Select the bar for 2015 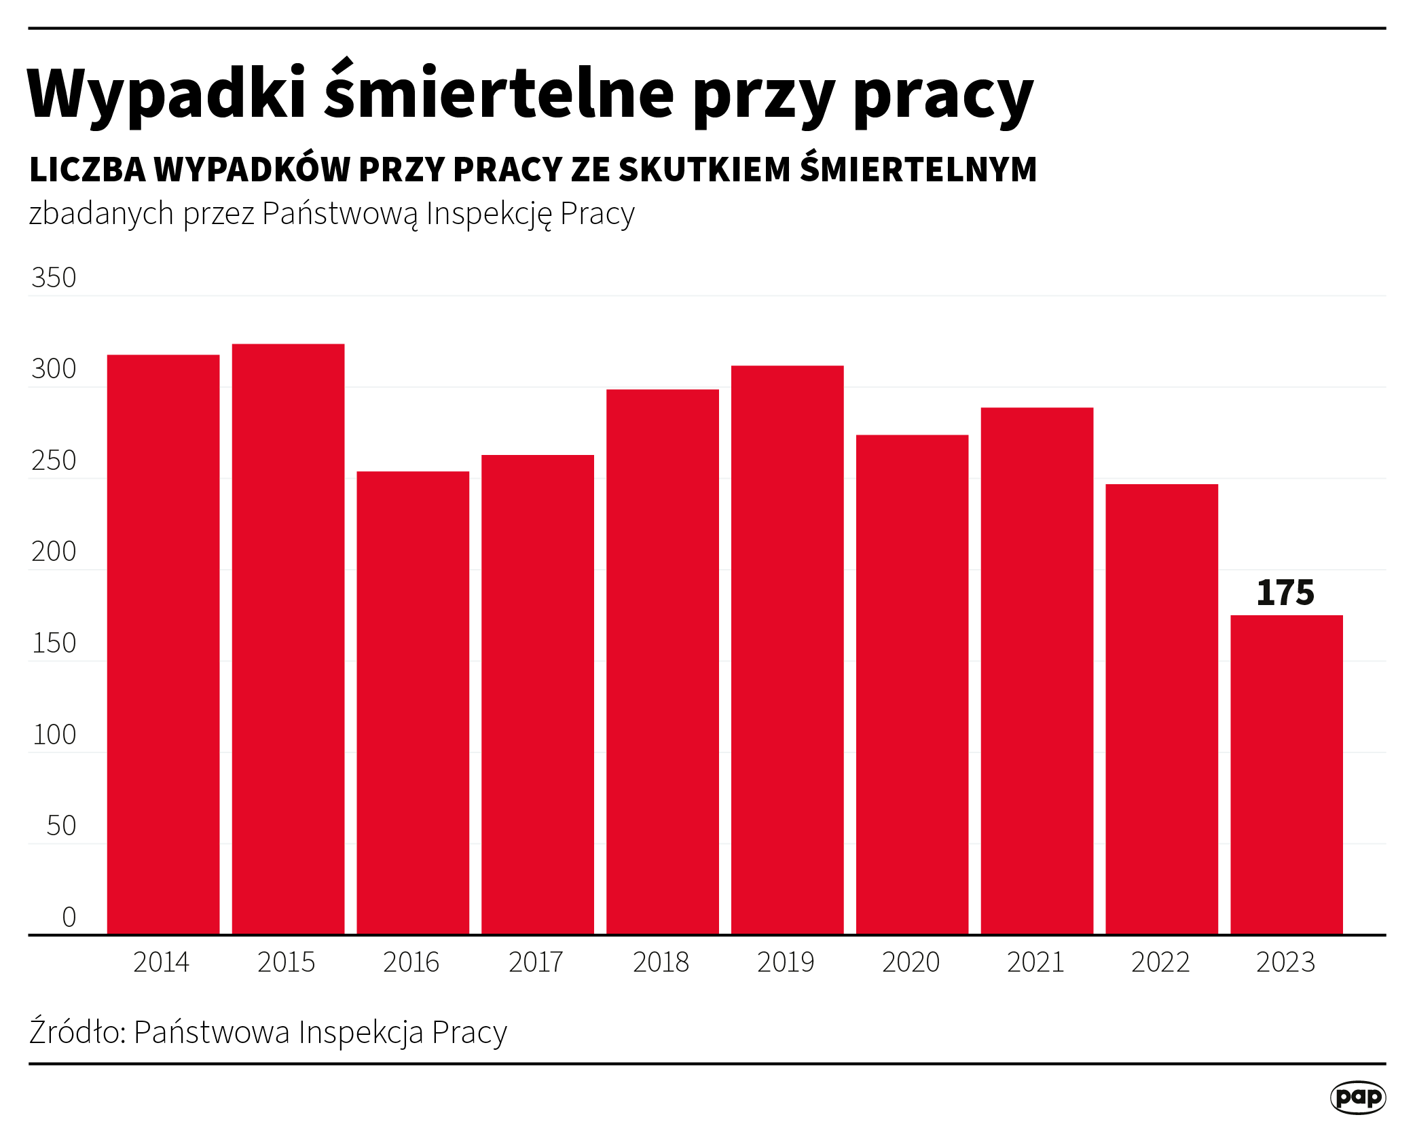coord(288,638)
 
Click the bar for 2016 coord(413,702)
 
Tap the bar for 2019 coord(787,649)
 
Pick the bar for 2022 coord(1162,709)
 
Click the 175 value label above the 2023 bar coord(1285,593)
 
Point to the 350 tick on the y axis coord(54,278)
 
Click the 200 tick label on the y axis coord(54,552)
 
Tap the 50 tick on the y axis coord(61,826)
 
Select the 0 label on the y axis coord(69,917)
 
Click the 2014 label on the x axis coord(161,962)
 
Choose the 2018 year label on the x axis coord(661,962)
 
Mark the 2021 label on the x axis coord(1035,962)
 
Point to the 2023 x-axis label coord(1285,962)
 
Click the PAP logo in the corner coord(1357,1097)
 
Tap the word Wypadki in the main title coord(166,95)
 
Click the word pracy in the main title coord(943,95)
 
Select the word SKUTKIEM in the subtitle coord(704,170)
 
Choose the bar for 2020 coord(912,684)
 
